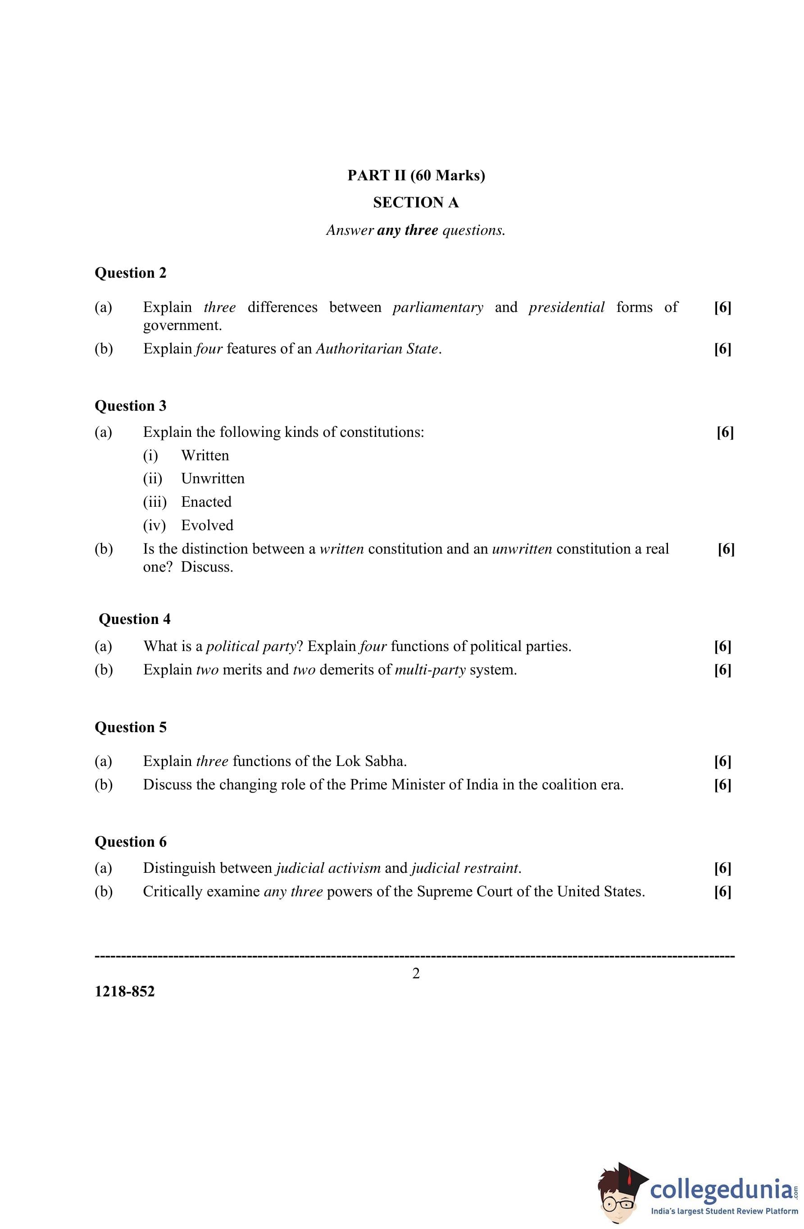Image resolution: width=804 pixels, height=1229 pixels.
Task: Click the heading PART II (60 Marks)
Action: pos(416,175)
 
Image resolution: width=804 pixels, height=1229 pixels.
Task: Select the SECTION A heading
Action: pos(416,202)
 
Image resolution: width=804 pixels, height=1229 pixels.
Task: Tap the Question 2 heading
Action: pos(131,273)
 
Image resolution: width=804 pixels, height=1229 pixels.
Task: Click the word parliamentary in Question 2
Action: pos(438,307)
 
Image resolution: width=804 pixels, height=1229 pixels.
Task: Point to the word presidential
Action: pos(566,307)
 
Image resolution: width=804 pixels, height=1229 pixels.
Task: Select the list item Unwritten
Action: pos(213,479)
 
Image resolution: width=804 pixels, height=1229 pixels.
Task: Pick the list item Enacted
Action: pos(206,502)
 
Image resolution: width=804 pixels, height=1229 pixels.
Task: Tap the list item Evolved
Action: pos(207,526)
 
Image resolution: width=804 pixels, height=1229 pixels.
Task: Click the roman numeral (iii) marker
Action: pos(155,502)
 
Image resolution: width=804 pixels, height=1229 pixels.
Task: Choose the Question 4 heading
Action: pos(134,619)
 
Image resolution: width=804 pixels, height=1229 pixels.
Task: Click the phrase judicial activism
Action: pos(328,868)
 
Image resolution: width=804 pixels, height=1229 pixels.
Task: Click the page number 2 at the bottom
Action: pos(416,973)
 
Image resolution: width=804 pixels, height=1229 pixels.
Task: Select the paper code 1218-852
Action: pos(125,991)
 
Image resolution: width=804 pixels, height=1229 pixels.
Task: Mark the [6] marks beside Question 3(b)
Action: pos(726,550)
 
